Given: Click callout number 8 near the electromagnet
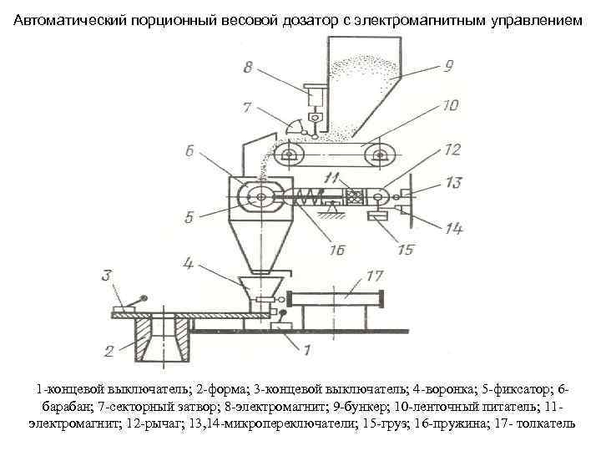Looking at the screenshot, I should coord(247,68).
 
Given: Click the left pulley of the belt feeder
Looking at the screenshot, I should coord(288,155).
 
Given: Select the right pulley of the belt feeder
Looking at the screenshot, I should coord(383,155).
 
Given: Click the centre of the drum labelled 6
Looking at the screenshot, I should coord(261,198).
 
